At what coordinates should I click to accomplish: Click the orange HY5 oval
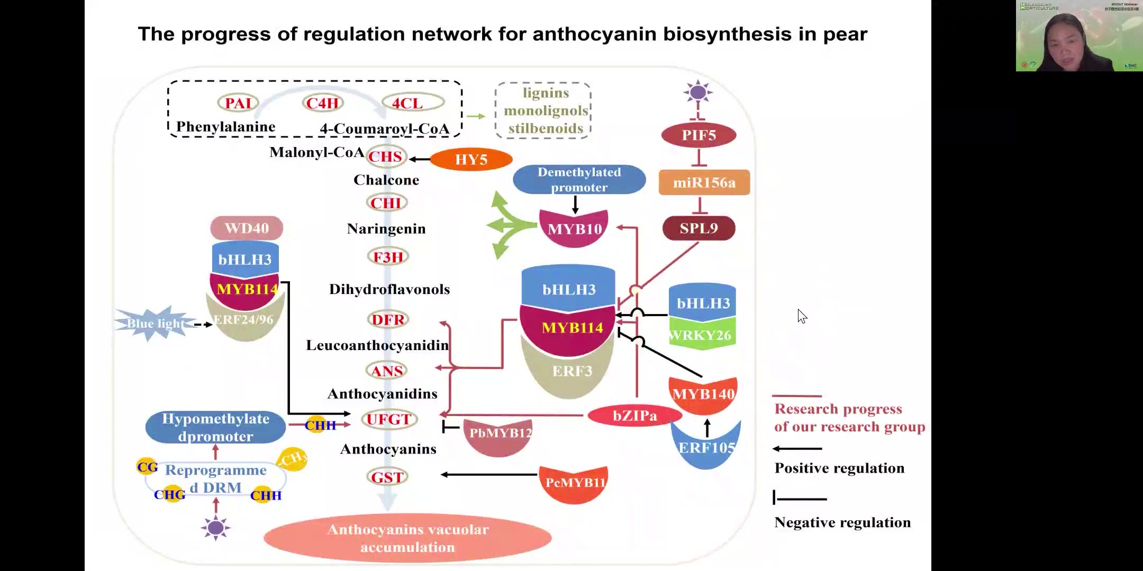point(471,159)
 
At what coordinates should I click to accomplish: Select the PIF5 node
point(698,135)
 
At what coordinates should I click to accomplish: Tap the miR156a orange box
point(704,182)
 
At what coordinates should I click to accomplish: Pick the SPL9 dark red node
point(698,228)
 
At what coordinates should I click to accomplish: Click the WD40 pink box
point(247,228)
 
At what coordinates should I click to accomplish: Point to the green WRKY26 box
point(702,335)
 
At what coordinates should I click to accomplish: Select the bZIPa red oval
point(634,416)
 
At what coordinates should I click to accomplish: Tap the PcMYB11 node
point(575,483)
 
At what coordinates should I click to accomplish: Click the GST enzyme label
point(387,477)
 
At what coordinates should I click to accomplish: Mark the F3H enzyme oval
point(388,257)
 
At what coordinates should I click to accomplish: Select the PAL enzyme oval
point(238,103)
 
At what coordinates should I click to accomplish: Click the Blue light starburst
point(155,323)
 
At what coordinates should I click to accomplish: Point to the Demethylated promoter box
point(579,180)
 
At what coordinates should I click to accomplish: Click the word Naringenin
point(386,229)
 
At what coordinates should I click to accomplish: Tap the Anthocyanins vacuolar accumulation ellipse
point(407,538)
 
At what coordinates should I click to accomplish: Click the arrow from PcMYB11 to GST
point(489,475)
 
